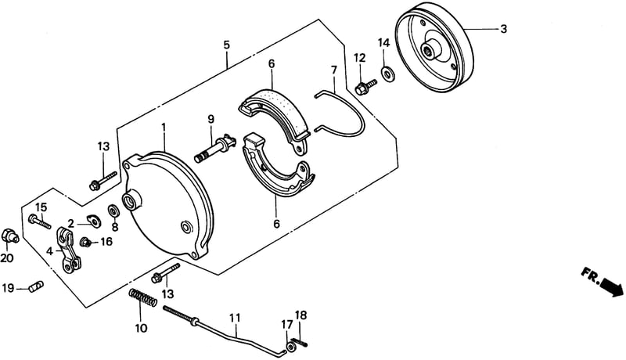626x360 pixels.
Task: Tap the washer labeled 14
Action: [387, 74]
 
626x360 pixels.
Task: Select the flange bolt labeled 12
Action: [365, 88]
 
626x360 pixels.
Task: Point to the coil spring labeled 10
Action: [142, 297]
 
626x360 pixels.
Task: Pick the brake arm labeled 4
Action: [69, 250]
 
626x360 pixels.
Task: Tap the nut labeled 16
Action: [85, 242]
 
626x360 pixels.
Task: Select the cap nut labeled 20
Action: [9, 235]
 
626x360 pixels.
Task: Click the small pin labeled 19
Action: [36, 286]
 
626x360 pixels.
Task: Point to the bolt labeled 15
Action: [40, 221]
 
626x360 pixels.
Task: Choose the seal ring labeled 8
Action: [113, 211]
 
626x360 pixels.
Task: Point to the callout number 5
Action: [227, 45]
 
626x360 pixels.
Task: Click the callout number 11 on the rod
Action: [236, 318]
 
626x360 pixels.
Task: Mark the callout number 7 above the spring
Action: [334, 70]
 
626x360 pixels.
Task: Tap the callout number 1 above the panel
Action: [164, 128]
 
